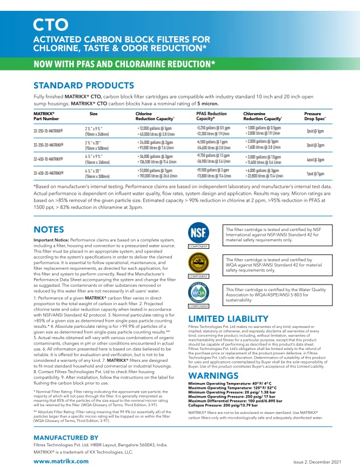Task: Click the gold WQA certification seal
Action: pos(197,263)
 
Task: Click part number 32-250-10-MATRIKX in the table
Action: pos(48,131)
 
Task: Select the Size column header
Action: pos(94,114)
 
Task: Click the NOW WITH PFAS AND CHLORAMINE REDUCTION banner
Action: pos(125,64)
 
